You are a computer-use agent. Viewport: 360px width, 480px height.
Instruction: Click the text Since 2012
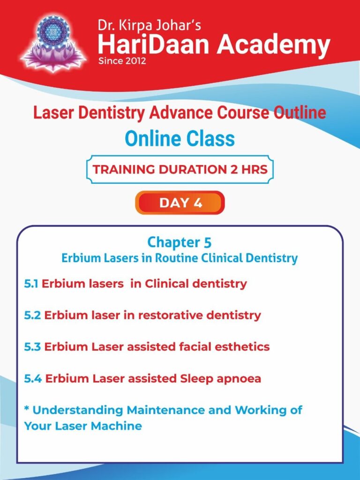[x=122, y=60]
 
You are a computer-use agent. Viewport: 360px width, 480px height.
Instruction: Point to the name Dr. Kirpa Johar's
[x=150, y=25]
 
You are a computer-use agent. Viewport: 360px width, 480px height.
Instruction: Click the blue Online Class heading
[x=180, y=138]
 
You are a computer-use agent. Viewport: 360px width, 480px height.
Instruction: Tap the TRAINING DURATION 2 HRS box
[x=180, y=169]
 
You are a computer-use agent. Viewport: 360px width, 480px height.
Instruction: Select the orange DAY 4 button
[x=180, y=202]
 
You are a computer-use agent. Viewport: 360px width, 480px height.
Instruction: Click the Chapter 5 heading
[x=180, y=242]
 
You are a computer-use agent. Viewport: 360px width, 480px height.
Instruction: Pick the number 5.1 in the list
[x=31, y=284]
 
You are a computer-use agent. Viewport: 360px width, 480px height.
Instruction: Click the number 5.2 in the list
[x=32, y=315]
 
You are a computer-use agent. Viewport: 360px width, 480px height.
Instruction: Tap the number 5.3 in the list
[x=32, y=347]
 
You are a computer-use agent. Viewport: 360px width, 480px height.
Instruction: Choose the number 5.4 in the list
[x=33, y=379]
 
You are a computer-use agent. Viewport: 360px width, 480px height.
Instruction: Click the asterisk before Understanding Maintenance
[x=27, y=408]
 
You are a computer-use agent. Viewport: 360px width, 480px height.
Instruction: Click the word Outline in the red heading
[x=300, y=113]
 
